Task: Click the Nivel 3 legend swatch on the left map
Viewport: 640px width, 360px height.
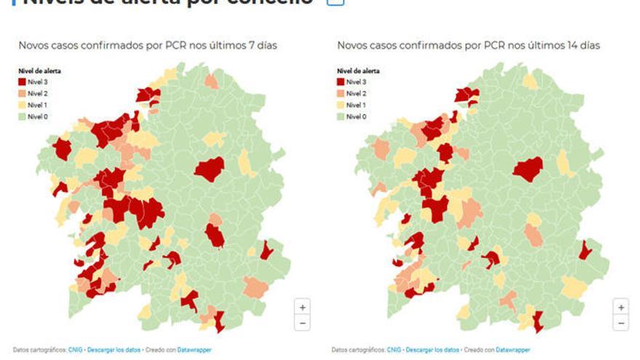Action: (x=22, y=82)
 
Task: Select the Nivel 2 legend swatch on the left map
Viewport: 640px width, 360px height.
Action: (x=22, y=94)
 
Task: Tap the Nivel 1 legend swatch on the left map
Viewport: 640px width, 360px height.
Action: (x=22, y=105)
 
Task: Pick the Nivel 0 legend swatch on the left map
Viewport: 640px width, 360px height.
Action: (x=22, y=117)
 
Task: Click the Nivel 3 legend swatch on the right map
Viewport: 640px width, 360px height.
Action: (x=340, y=82)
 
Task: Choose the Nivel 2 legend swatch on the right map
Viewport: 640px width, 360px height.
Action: (x=340, y=94)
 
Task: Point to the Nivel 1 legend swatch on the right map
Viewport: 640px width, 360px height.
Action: (x=340, y=105)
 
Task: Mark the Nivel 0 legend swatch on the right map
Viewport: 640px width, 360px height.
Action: (x=340, y=117)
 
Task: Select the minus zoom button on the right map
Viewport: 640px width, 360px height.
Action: (x=620, y=323)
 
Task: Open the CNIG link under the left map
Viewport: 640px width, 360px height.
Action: (x=75, y=350)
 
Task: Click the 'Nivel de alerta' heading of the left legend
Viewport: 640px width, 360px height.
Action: (x=39, y=71)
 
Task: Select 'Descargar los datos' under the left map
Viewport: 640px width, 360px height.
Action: (x=113, y=350)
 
